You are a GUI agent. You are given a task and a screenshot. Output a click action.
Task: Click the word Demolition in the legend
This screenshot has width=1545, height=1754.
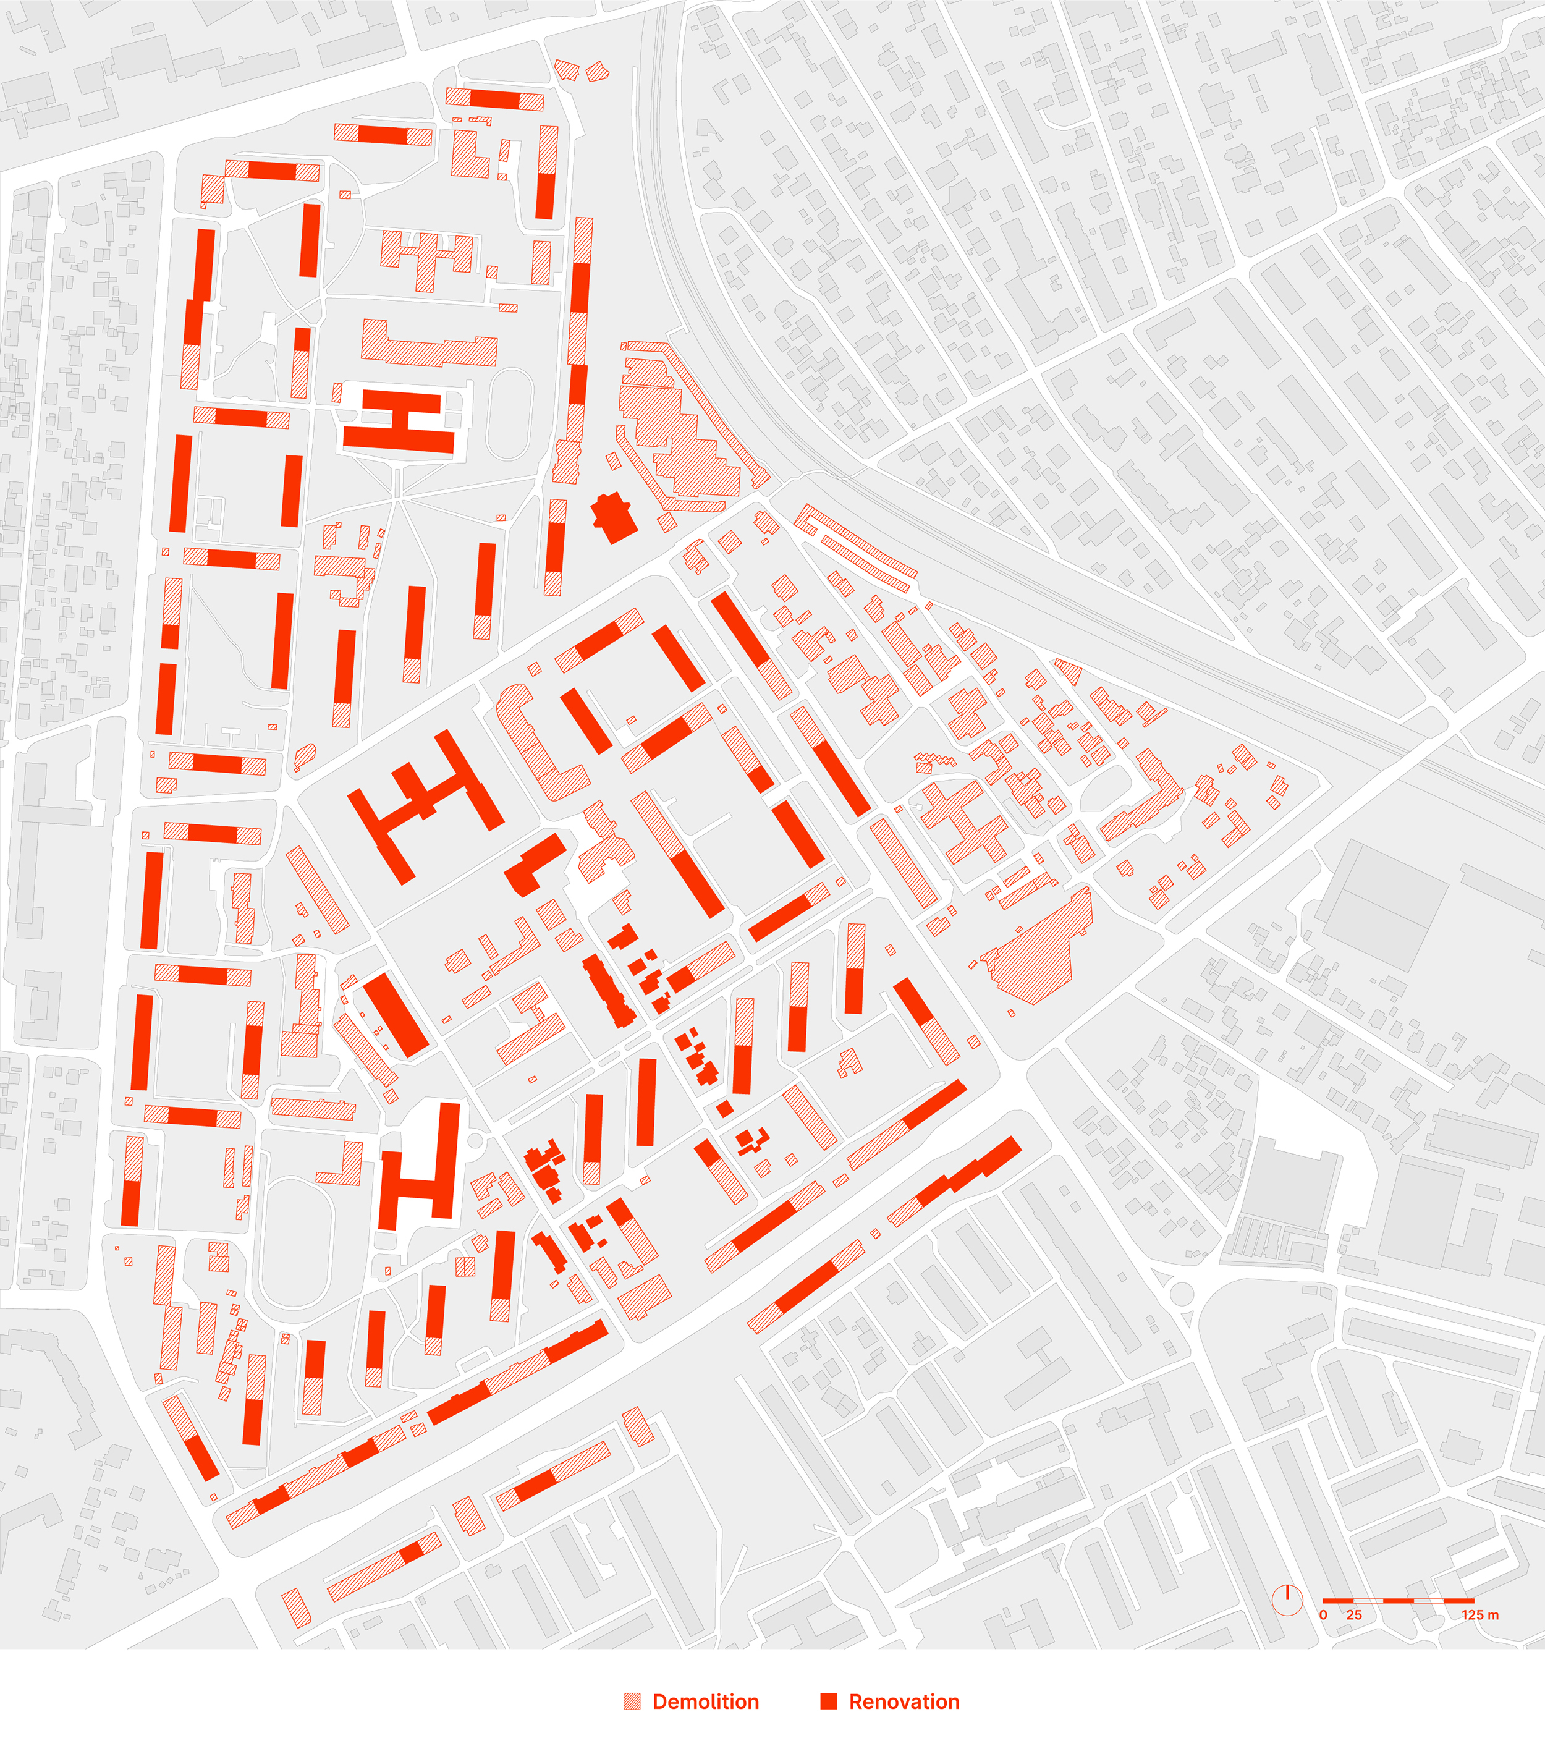(705, 1701)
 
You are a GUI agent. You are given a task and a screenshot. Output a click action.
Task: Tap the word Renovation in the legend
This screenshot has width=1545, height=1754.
(904, 1701)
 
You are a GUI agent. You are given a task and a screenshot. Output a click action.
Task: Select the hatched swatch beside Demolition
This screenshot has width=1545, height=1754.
(632, 1701)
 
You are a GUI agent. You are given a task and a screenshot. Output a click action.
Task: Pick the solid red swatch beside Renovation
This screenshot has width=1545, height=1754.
(828, 1701)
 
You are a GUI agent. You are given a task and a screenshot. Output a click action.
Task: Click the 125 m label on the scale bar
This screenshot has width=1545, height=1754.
(1480, 1615)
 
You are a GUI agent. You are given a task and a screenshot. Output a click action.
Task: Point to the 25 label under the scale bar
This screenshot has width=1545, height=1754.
(1353, 1615)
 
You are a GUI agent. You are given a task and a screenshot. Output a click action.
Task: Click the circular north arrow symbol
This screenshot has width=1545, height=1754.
(1287, 1599)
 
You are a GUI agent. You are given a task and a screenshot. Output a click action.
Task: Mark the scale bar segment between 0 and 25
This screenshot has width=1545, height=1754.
(1338, 1600)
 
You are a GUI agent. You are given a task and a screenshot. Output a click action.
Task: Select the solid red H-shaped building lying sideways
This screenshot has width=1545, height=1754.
(400, 420)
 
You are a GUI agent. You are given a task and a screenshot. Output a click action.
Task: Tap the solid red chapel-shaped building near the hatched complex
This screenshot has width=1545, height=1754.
(614, 517)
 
